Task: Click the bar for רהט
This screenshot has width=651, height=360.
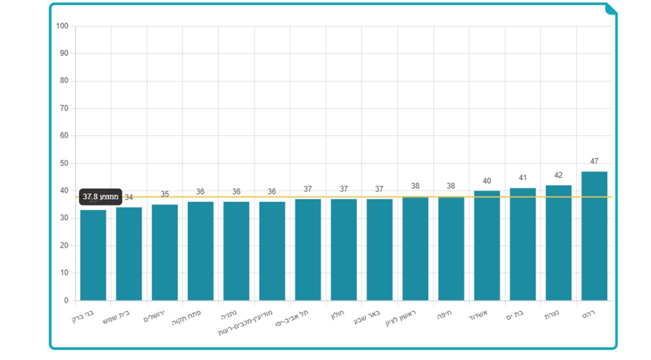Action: click(x=594, y=236)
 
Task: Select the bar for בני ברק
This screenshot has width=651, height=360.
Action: click(x=93, y=255)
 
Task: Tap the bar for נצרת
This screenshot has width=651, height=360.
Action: click(x=558, y=243)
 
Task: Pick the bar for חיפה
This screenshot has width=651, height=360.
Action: click(x=451, y=248)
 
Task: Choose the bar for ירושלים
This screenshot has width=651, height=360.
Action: click(x=165, y=252)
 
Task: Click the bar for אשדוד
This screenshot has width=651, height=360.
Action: click(x=487, y=245)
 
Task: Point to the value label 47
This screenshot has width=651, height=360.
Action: click(x=594, y=161)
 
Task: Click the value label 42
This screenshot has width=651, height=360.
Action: click(x=558, y=175)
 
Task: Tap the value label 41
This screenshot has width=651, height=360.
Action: click(x=523, y=178)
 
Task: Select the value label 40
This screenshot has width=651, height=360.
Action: click(x=487, y=181)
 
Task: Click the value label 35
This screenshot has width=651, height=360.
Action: click(x=165, y=194)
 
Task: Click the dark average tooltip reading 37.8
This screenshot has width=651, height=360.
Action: click(x=101, y=197)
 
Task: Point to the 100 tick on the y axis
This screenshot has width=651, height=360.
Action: click(x=62, y=26)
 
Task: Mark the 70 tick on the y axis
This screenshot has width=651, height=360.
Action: click(x=64, y=108)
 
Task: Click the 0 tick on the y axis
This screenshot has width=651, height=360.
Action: click(x=66, y=300)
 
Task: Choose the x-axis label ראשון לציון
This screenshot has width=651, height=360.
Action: click(x=401, y=318)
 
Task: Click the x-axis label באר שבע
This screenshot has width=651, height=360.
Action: click(x=370, y=315)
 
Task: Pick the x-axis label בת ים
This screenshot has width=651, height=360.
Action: click(x=517, y=314)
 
